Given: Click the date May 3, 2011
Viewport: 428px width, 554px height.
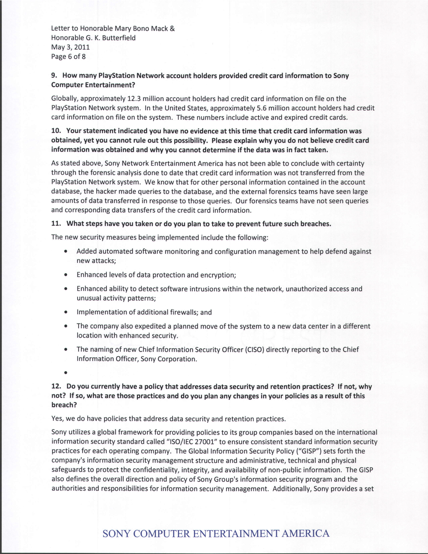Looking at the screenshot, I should point(70,47).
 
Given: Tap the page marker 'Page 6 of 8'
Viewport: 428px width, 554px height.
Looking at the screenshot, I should point(68,56).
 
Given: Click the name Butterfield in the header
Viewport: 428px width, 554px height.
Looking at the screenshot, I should point(119,38).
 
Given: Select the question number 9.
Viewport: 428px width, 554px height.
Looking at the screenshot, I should point(53,75).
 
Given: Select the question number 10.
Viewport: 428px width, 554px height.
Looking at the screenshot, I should point(55,131).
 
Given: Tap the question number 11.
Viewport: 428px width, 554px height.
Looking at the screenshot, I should point(55,223).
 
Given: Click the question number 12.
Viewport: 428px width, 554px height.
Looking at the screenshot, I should point(55,387).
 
